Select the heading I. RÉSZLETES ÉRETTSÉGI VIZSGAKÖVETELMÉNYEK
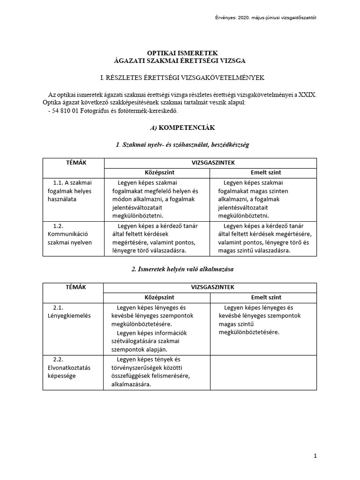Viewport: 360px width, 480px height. click(x=180, y=76)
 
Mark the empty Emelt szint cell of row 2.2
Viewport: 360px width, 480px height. click(x=263, y=372)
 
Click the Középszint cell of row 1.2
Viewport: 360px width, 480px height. click(x=157, y=238)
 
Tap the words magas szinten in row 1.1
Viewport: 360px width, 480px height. click(x=270, y=191)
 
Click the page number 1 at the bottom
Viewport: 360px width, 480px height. click(x=315, y=456)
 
